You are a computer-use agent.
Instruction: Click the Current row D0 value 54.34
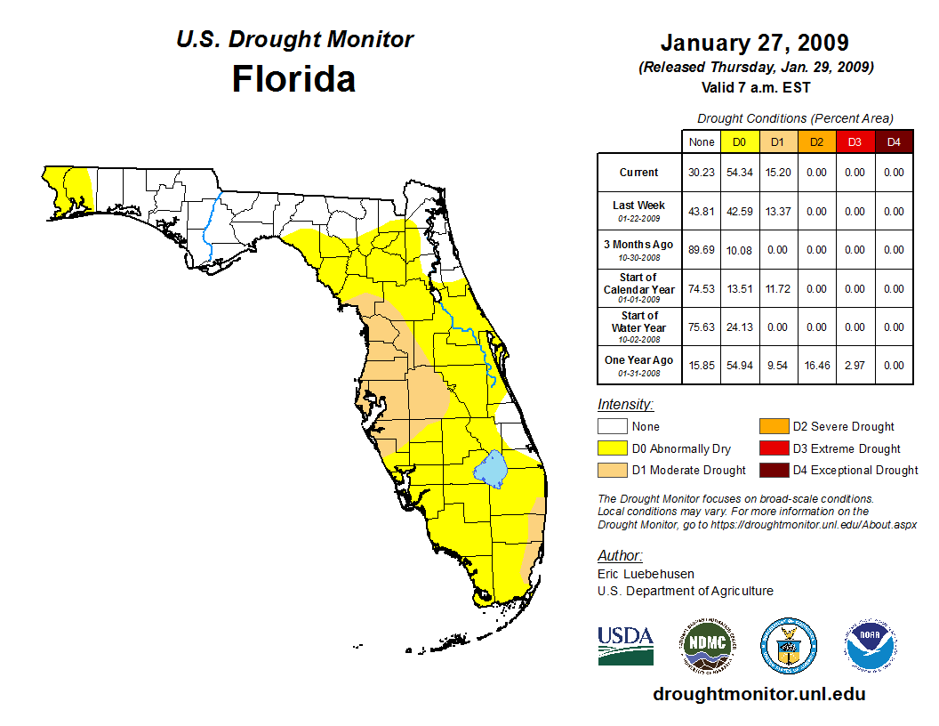(x=739, y=173)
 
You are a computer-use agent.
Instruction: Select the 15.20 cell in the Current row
(x=777, y=173)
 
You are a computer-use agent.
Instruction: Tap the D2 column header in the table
(x=815, y=141)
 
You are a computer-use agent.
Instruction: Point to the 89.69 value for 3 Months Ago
(x=701, y=250)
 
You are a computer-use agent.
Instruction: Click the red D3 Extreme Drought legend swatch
(x=772, y=448)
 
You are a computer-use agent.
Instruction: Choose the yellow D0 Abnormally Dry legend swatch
(x=611, y=448)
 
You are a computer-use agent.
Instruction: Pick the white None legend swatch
(x=611, y=427)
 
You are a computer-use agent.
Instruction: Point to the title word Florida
(x=293, y=79)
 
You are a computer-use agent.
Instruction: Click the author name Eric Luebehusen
(x=646, y=574)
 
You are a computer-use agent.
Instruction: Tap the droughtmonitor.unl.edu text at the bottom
(x=758, y=694)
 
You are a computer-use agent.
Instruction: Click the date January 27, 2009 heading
(x=754, y=43)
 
